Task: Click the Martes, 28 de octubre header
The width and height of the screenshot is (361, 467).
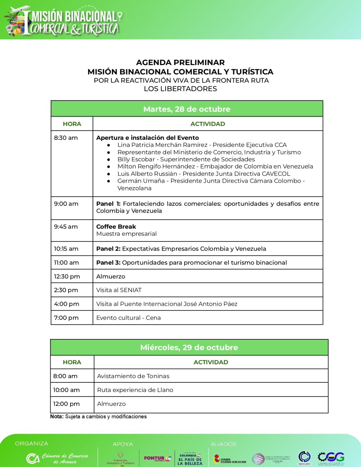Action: pos(187,109)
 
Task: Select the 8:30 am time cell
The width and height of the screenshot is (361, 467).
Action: pos(66,138)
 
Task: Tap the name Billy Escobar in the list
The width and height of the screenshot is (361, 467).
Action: pos(136,159)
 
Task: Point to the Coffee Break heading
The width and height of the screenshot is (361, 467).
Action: pos(116,226)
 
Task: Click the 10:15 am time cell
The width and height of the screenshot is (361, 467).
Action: pos(66,249)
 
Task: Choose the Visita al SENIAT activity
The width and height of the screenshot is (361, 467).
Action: pos(119,290)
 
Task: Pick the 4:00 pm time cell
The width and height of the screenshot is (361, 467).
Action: pos(67,304)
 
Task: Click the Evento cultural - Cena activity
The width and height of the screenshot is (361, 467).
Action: pos(129,318)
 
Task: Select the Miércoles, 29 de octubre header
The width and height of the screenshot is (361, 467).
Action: pos(189,347)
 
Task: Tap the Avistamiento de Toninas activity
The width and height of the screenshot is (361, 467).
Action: pos(133,376)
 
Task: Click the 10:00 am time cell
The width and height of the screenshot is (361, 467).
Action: pos(66,390)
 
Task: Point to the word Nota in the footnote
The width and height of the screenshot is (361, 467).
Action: pos(57,417)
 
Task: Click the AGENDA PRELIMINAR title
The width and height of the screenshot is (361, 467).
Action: pos(180,62)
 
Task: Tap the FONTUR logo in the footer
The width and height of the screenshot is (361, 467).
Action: pos(157,459)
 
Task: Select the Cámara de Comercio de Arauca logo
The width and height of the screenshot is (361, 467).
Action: pos(57,458)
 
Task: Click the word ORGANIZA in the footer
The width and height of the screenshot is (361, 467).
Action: pos(32,444)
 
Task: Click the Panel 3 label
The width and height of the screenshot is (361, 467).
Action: pos(108,263)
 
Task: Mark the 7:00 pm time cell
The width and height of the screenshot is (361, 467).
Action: pos(66,318)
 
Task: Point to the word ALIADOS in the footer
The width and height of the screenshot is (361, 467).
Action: pos(223,444)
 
